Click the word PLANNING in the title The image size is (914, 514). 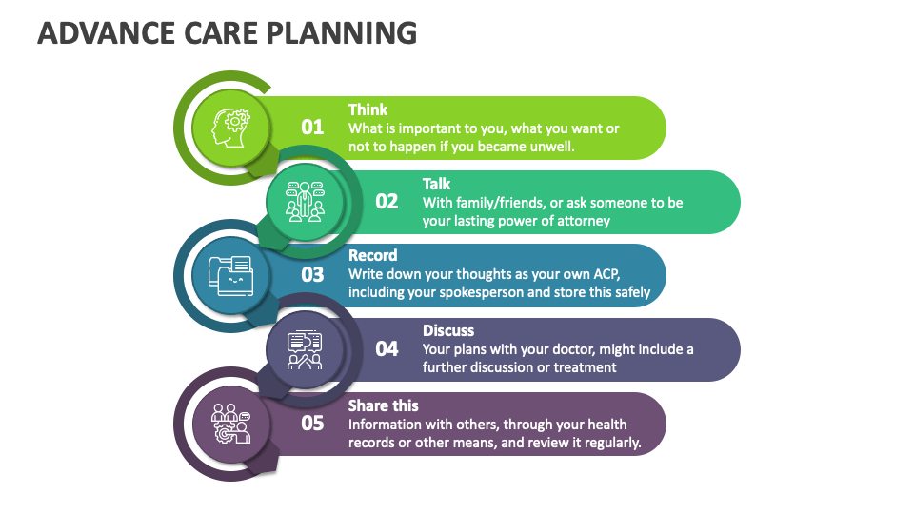(x=342, y=33)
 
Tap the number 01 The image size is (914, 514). (x=312, y=127)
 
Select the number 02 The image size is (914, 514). (x=387, y=202)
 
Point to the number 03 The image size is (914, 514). (x=312, y=274)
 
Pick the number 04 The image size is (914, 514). (x=387, y=349)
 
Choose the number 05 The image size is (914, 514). (x=312, y=423)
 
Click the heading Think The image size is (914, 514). (x=368, y=109)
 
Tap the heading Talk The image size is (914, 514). (x=437, y=184)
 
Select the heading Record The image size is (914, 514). (x=372, y=255)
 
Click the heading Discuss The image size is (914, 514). (x=448, y=330)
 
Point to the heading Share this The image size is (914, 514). (x=384, y=405)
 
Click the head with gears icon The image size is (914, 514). (x=230, y=128)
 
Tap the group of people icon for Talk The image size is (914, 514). (x=305, y=202)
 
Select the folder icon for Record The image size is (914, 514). (x=230, y=276)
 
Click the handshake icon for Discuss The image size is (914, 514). (x=305, y=349)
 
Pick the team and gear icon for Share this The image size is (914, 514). (x=230, y=424)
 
